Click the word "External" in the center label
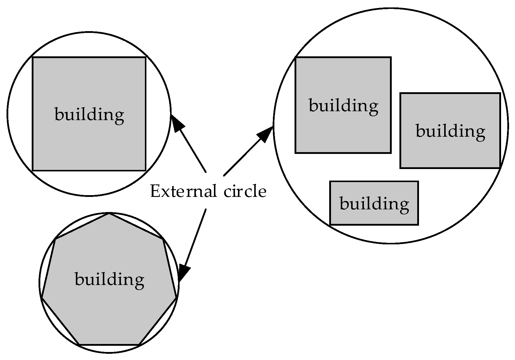183,191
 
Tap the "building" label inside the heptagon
109,280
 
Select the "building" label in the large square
89,115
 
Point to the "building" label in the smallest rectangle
374,204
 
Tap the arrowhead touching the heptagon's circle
183,272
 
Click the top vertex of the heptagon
109,213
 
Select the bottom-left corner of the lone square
33,171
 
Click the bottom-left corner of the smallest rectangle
330,224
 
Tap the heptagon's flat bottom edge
109,345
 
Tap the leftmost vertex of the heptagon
42,297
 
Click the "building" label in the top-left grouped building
343,106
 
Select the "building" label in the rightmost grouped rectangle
450,131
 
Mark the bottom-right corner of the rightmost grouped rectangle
500,168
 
